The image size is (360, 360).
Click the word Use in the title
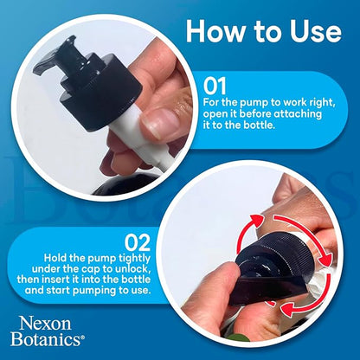tap(316, 31)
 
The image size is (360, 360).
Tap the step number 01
tap(215, 87)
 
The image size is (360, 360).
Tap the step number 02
tap(138, 243)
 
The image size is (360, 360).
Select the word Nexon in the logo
tap(45, 324)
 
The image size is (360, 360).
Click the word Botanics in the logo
tap(46, 339)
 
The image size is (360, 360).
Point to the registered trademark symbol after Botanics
tap(83, 337)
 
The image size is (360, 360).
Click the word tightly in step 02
tap(135, 259)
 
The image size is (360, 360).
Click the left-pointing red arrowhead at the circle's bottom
tap(286, 310)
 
